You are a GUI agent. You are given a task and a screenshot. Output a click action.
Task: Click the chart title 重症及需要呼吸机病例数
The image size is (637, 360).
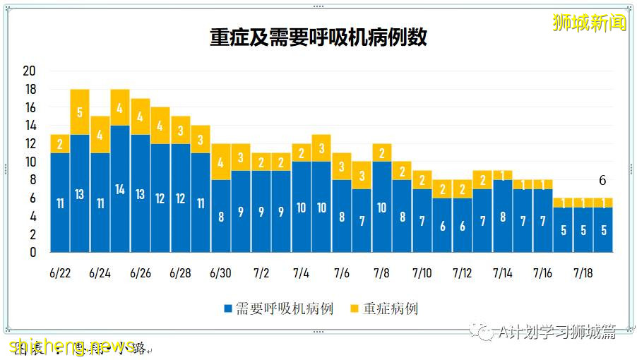pos(318,37)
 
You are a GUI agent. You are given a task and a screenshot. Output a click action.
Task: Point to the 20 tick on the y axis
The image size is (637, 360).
pos(29,71)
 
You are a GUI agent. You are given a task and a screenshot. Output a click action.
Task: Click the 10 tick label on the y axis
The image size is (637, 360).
pos(29,162)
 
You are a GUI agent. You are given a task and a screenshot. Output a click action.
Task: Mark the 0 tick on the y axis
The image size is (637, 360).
pos(32,252)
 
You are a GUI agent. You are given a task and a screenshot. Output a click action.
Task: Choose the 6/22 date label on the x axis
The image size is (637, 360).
pos(59,273)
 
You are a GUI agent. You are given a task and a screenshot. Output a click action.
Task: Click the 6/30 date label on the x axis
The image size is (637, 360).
pos(220,273)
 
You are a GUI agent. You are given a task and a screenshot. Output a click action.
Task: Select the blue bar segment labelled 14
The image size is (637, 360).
pos(120,189)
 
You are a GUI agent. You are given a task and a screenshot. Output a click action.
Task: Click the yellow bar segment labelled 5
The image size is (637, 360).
pos(80,112)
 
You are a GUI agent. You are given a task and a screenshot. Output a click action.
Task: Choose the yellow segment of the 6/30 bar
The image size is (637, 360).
pos(221,162)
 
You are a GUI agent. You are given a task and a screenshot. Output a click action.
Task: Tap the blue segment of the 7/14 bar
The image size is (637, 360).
pos(503,216)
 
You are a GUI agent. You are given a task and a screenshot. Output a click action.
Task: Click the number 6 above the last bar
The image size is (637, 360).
pos(602,181)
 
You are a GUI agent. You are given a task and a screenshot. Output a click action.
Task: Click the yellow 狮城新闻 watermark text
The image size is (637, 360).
pos(589,23)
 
